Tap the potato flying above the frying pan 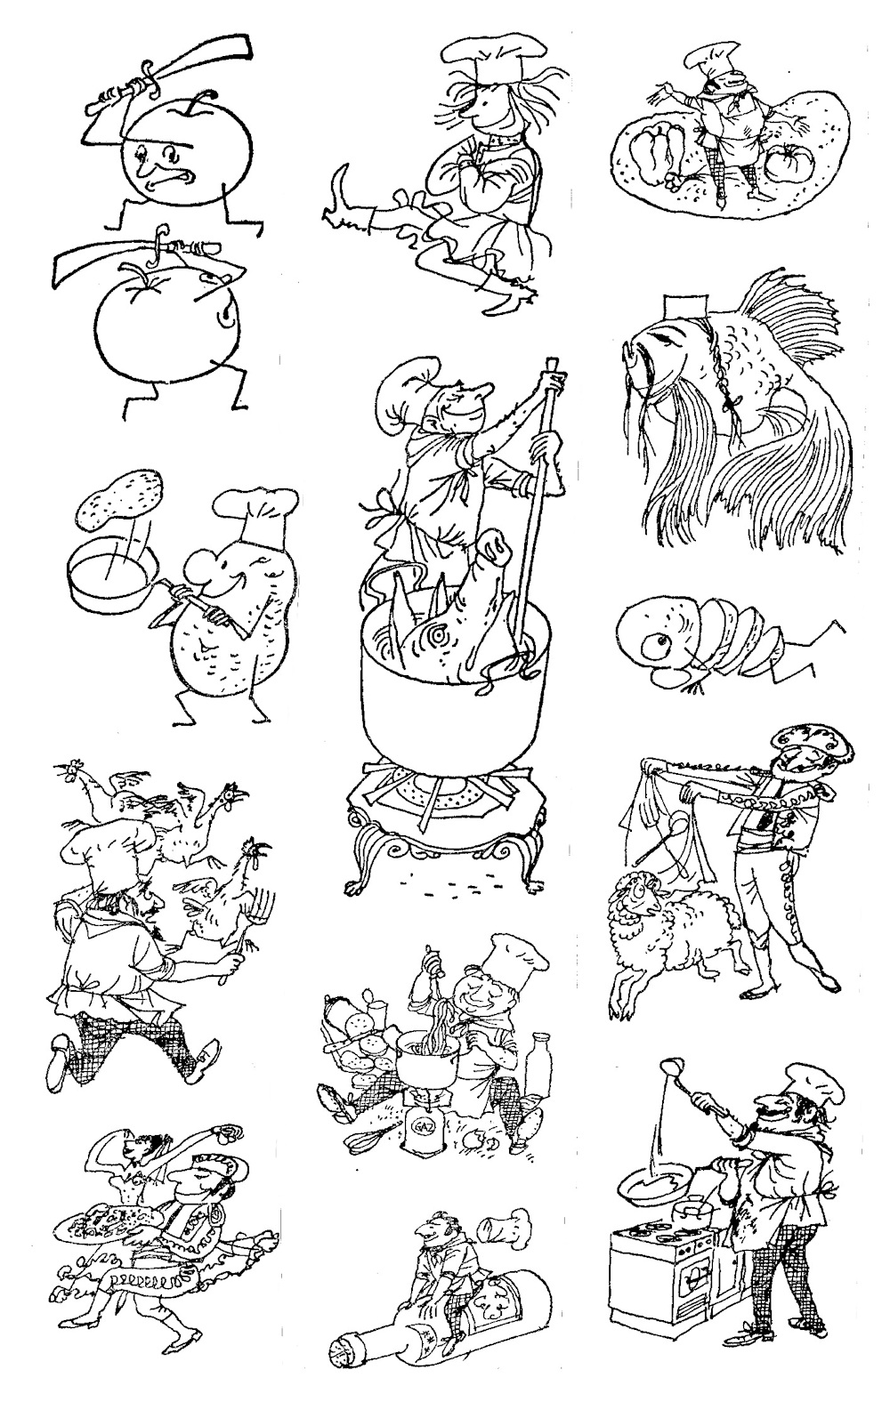coord(120,499)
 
